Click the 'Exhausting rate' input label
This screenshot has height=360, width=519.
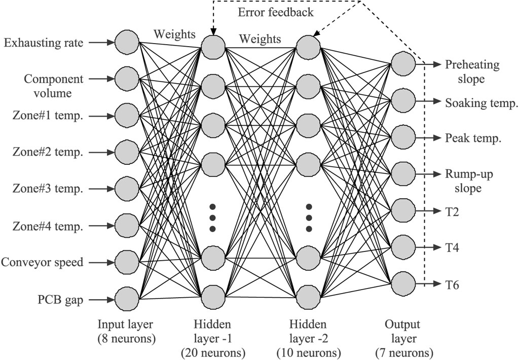tap(44, 43)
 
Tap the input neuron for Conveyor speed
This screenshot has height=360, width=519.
tap(127, 262)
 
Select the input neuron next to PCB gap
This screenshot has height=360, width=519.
tap(127, 299)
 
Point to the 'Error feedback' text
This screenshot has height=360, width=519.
tap(275, 12)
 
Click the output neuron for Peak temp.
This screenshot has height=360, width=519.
tap(403, 137)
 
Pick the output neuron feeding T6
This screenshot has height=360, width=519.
tap(403, 284)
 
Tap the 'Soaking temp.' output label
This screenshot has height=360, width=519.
tap(481, 103)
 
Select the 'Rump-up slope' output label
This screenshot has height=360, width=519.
tap(469, 181)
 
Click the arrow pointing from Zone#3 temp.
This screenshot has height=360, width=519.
tap(101, 189)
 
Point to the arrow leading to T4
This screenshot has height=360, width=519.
tap(429, 247)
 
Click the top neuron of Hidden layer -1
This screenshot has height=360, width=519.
tap(213, 47)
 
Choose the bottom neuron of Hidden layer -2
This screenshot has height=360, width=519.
tap(309, 297)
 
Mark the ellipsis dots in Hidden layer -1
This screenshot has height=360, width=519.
tap(212, 218)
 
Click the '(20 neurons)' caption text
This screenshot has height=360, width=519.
tap(213, 353)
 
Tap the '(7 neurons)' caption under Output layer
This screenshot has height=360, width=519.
tap(404, 353)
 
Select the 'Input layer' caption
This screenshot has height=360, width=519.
tap(125, 324)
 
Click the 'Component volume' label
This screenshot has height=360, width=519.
tap(53, 86)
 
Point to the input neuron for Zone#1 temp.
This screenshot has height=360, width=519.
tap(127, 116)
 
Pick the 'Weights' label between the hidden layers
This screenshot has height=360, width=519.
tap(260, 39)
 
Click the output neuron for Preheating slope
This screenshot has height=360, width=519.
tap(403, 63)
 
